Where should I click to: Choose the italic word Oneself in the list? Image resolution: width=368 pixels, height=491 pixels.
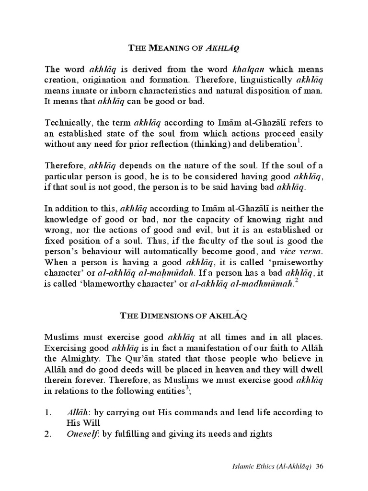coord(80,434)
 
